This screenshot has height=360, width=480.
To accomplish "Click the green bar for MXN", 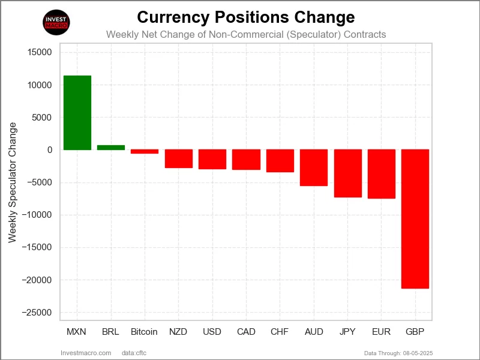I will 77,113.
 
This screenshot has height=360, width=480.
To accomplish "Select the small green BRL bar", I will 111,148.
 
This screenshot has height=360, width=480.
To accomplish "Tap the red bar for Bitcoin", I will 145,152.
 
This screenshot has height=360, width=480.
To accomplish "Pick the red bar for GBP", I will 415,219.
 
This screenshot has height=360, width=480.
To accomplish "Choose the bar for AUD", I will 314,168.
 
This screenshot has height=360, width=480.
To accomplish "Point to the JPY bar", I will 347,173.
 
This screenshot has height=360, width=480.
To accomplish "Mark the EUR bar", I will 381,174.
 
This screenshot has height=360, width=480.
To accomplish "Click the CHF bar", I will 280,161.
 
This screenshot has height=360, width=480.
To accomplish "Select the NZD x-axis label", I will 178,332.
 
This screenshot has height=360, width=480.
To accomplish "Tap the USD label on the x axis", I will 212,332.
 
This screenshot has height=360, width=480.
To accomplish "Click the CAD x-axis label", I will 246,332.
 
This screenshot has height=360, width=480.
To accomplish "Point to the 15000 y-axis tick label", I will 40,52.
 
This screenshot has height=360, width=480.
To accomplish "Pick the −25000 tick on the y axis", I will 37,313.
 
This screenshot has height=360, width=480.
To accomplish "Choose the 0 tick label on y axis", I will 49,150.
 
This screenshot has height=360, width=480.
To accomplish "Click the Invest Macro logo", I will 57,23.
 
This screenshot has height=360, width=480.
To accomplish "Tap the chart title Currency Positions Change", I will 246,17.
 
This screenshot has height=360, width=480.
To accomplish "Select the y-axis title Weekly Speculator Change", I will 12,182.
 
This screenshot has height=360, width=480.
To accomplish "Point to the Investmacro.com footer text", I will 86,353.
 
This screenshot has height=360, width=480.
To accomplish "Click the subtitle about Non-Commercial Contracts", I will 246,34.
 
